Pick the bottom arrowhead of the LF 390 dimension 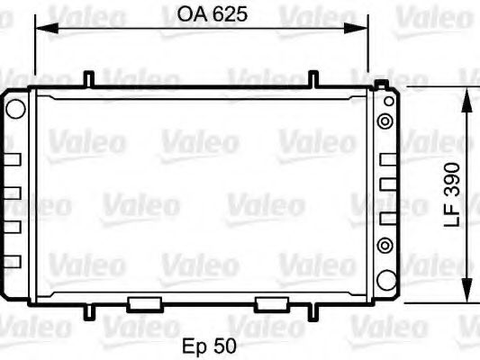(x=466, y=297)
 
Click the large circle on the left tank (x=15, y=109)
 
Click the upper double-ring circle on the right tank (x=386, y=120)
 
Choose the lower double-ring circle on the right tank (x=386, y=244)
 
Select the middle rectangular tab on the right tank (x=387, y=184)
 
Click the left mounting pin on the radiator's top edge (x=88, y=79)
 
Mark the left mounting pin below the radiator (x=88, y=312)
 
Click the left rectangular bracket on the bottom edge (x=144, y=303)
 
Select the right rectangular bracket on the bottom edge (x=271, y=303)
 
